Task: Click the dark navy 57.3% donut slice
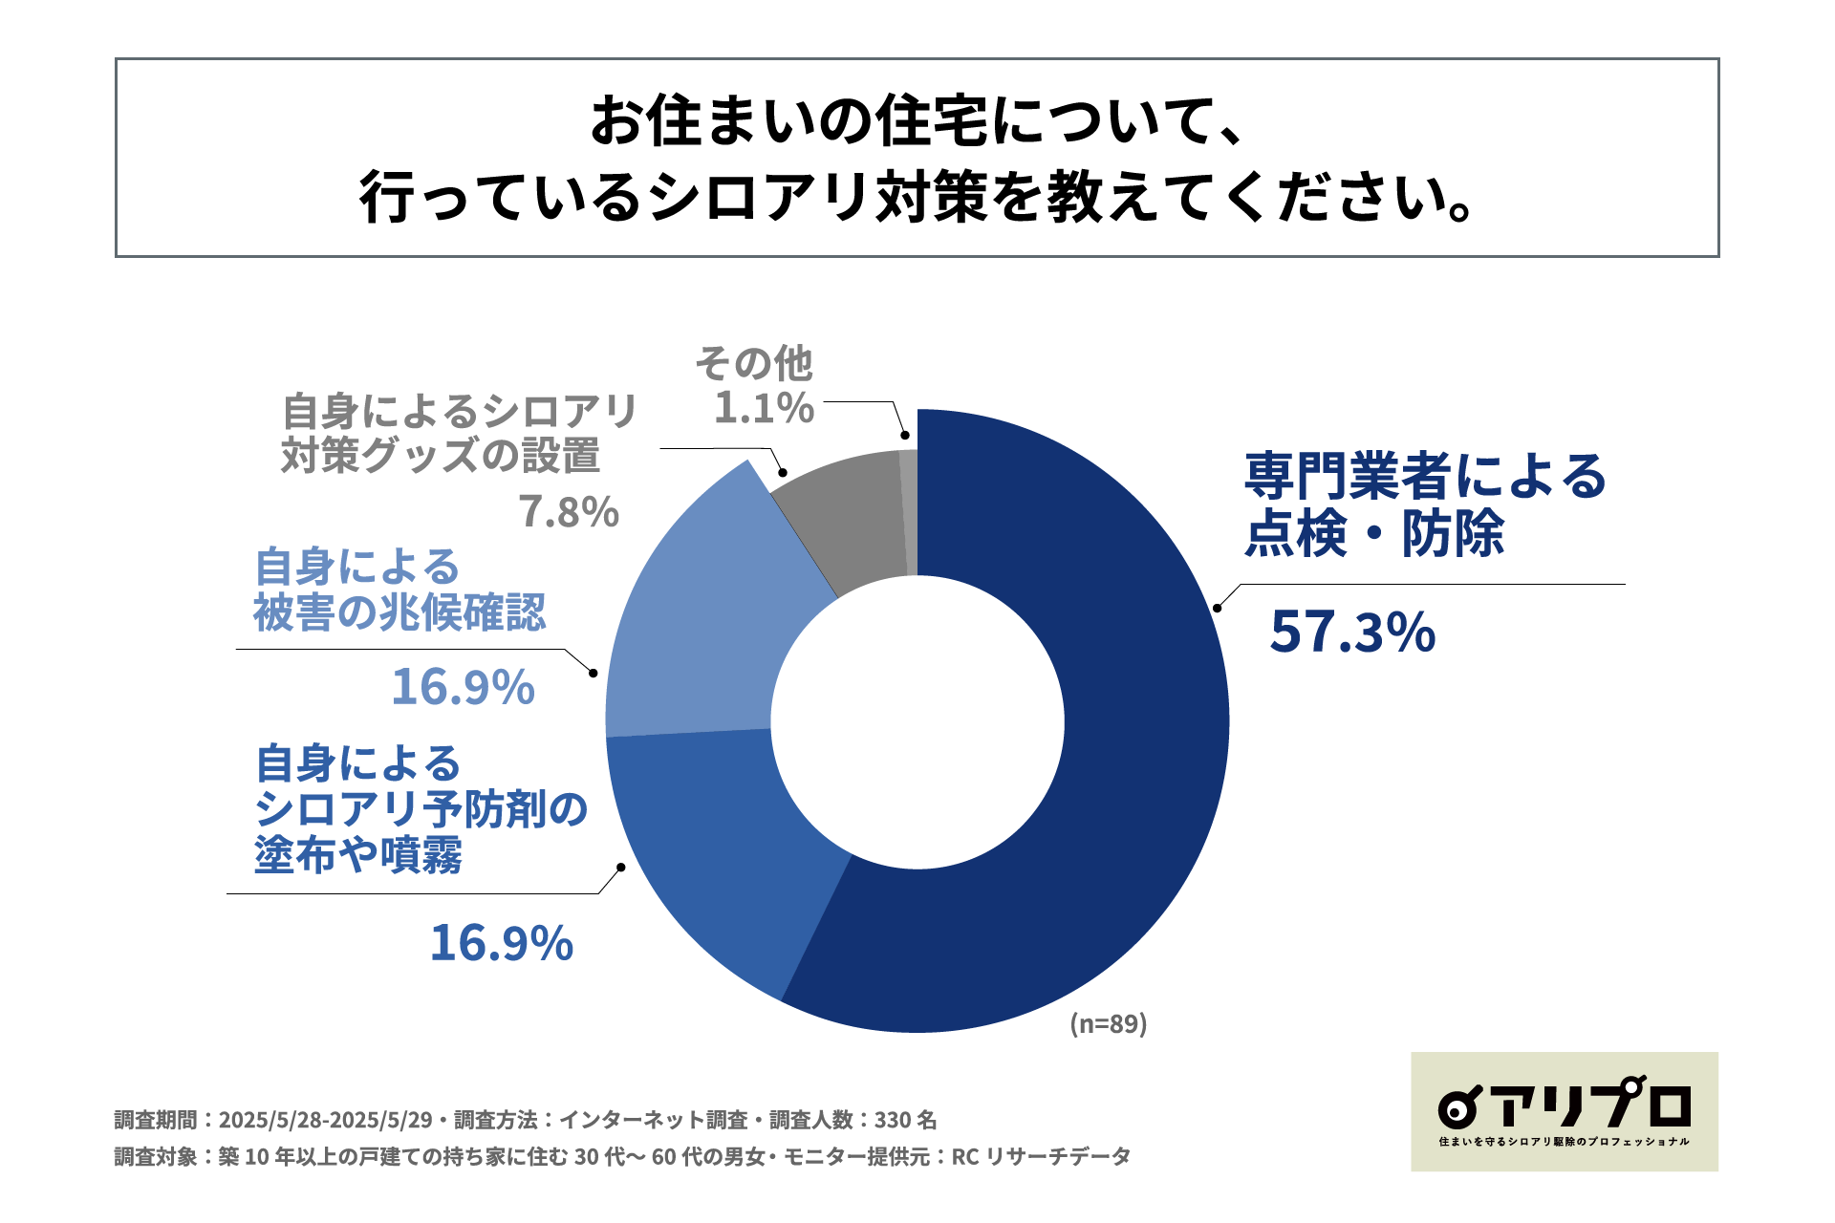coord(1128,764)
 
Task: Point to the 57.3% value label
coord(1352,633)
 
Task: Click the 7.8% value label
coord(569,512)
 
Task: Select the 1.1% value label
coord(764,409)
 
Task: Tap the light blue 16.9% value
coord(463,687)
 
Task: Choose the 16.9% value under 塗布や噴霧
coord(501,943)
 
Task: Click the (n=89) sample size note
coord(1108,1024)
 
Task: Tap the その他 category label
coord(754,364)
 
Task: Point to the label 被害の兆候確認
coord(399,613)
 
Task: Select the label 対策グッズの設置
coord(441,456)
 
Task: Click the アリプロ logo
coord(1565,1111)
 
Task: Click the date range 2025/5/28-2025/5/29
coord(326,1120)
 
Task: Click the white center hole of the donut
coord(917,721)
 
